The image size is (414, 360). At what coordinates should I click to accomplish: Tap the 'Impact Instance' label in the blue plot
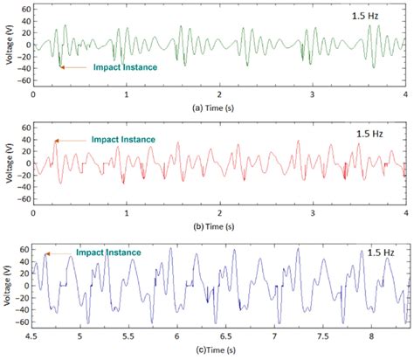pyautogui.click(x=108, y=252)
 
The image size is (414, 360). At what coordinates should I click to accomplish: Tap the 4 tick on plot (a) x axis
pyautogui.click(x=405, y=93)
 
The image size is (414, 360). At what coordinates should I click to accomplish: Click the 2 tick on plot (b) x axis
pyautogui.click(x=220, y=212)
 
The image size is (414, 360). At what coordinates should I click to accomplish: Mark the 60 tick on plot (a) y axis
pyautogui.click(x=24, y=8)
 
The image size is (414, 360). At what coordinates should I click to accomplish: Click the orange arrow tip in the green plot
pyautogui.click(x=60, y=66)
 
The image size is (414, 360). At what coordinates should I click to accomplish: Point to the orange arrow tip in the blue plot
pyautogui.click(x=46, y=254)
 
